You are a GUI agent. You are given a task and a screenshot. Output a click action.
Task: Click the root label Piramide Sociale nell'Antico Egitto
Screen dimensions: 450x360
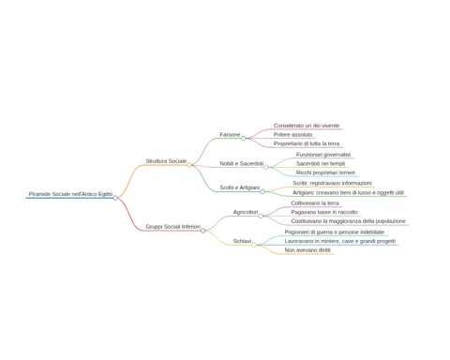tap(70, 194)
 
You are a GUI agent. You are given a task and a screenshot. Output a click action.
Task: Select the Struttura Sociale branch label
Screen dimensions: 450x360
tap(166, 161)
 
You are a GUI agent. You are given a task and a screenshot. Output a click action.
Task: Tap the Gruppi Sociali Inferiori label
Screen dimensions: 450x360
tap(173, 227)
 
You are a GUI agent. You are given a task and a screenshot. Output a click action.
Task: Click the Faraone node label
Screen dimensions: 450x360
tap(230, 135)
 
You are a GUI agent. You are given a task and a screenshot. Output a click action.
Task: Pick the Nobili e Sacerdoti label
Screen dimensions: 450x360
tap(242, 163)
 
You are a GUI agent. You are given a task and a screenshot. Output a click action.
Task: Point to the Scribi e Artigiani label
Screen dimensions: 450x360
tap(240, 187)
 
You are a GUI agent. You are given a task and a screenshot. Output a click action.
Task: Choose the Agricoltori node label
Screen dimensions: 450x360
tap(246, 212)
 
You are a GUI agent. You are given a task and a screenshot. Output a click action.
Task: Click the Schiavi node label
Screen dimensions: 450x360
tap(242, 241)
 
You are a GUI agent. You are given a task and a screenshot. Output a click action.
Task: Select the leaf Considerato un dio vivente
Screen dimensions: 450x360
tap(307, 126)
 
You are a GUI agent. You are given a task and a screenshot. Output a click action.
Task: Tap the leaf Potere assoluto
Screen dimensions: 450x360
tap(292, 135)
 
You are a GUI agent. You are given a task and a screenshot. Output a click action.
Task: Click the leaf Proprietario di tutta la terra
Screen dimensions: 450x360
tap(307, 143)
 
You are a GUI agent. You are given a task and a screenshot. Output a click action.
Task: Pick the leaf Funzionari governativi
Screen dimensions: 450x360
tap(323, 155)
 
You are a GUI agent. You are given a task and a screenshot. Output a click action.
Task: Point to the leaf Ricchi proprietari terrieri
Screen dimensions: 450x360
tap(325, 172)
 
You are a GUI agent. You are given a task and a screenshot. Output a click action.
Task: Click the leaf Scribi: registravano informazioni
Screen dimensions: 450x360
tap(332, 183)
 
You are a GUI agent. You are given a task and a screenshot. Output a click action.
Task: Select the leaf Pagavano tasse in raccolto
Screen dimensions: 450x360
tap(324, 212)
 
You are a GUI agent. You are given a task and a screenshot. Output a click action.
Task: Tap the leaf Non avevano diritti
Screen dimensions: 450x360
tap(307, 250)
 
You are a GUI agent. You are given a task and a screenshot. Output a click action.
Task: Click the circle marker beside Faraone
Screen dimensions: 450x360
tap(244, 138)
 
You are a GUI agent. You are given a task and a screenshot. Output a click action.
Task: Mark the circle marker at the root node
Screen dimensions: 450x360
tap(115, 198)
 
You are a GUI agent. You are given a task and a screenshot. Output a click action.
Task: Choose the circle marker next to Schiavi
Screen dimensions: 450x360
tap(254, 245)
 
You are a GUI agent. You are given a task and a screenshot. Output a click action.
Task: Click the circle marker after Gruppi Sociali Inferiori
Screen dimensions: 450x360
tap(203, 231)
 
